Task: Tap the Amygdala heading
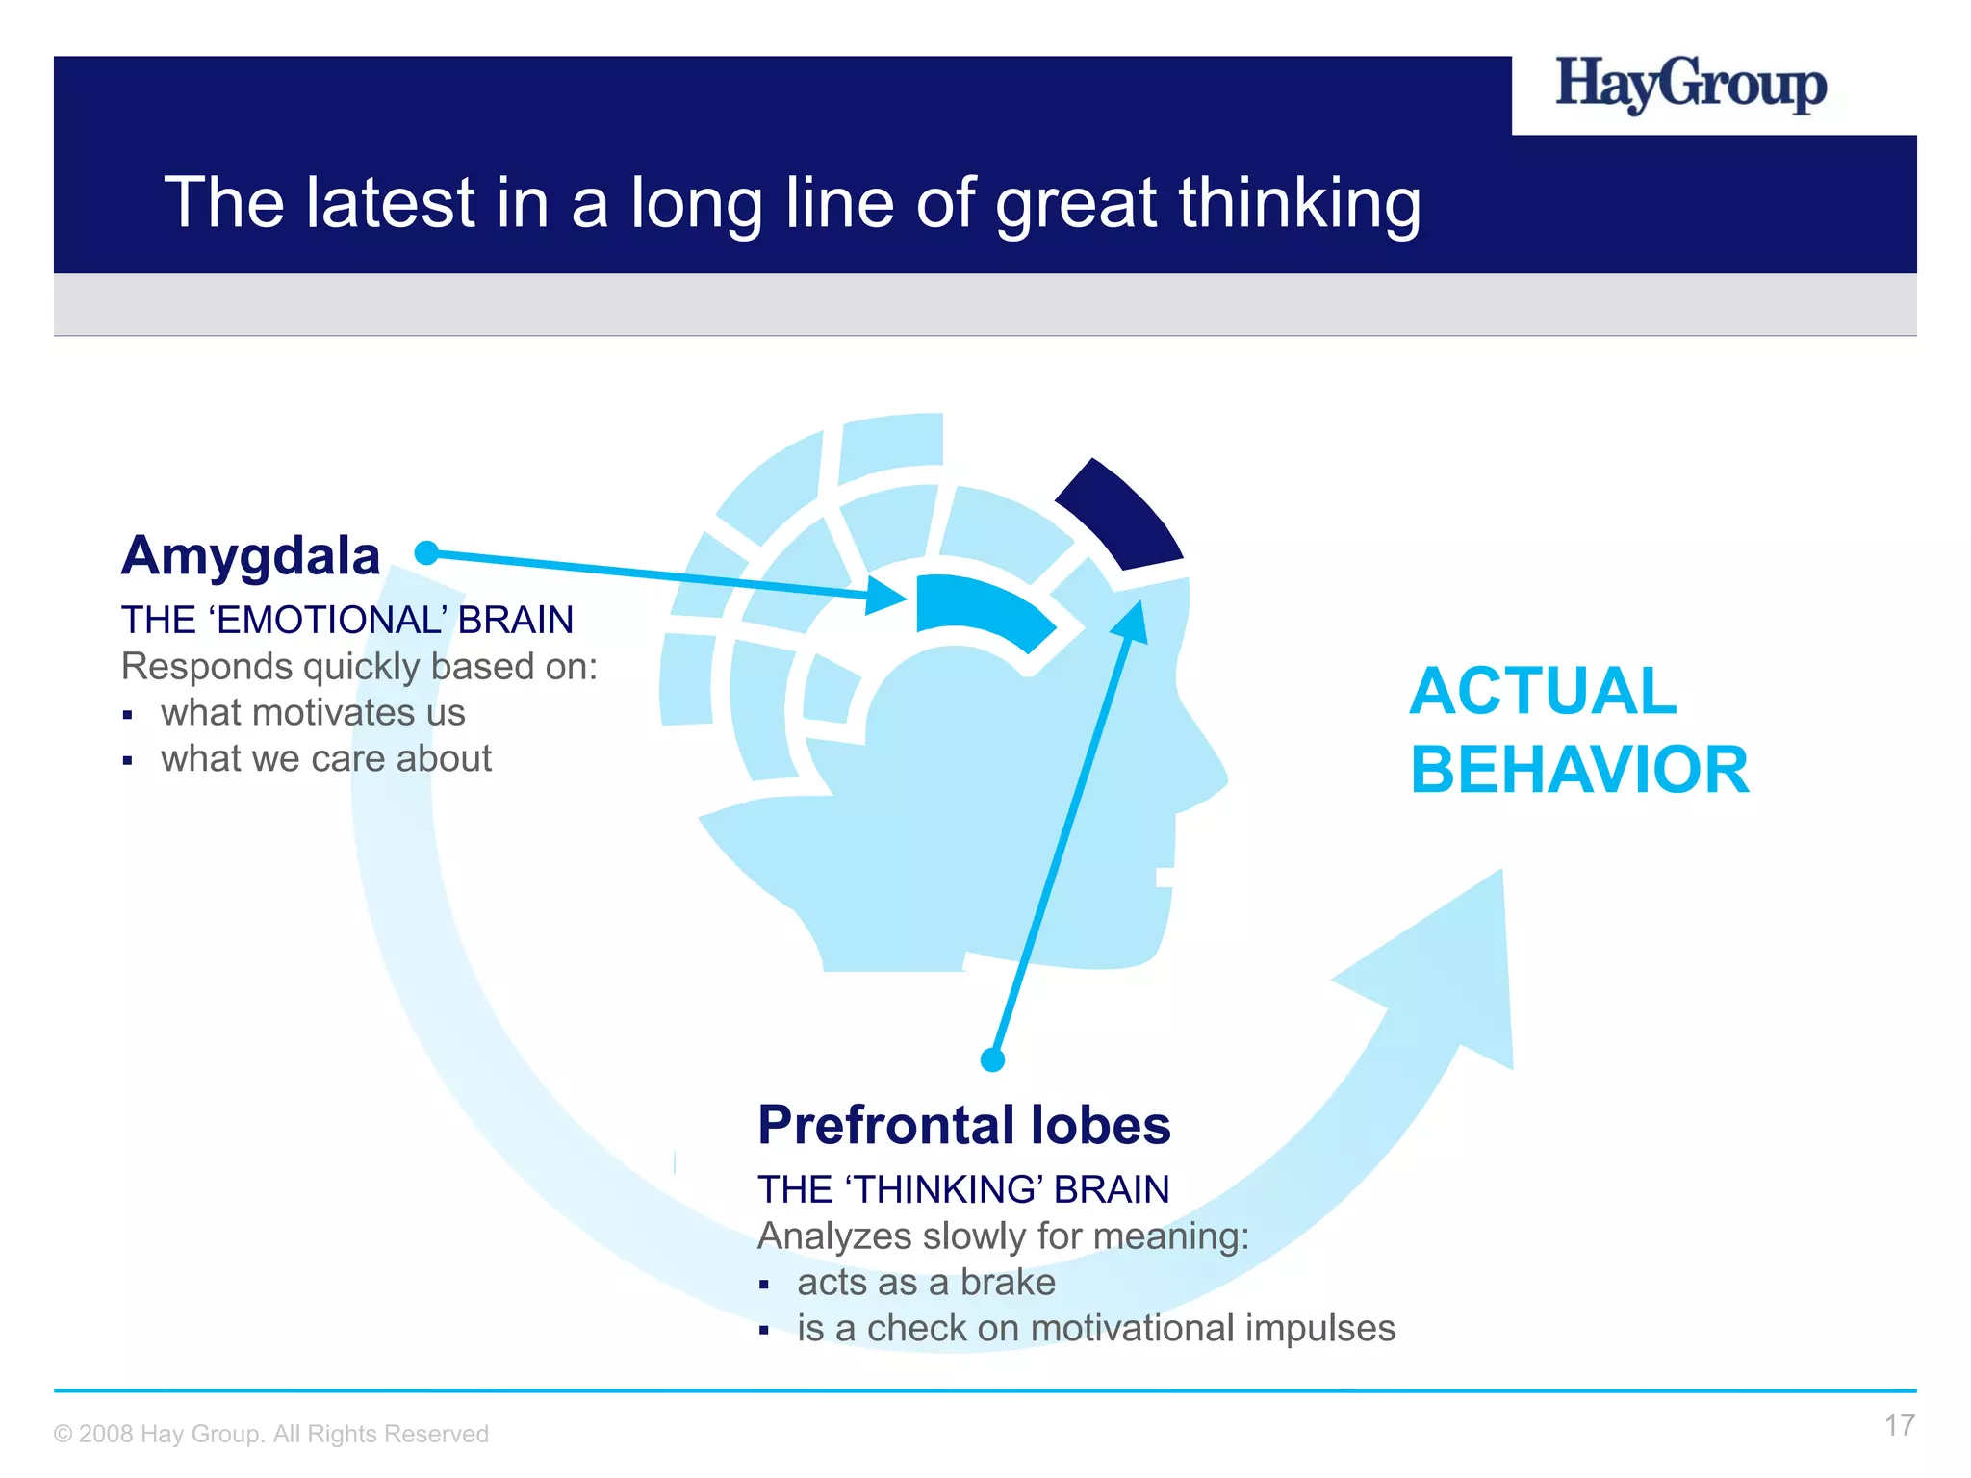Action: tap(250, 556)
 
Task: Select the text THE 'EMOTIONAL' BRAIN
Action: tap(346, 620)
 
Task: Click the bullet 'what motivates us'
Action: tap(313, 713)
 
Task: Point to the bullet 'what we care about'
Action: tap(326, 759)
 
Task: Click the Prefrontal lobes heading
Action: tap(963, 1125)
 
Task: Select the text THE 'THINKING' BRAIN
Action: tap(963, 1190)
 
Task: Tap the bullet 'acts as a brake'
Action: tap(926, 1283)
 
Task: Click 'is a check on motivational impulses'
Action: tap(1095, 1329)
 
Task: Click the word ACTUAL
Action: tap(1543, 691)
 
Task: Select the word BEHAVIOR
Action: tap(1579, 770)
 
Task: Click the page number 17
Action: tap(1899, 1425)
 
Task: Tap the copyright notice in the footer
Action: tap(271, 1434)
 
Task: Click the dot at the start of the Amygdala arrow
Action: tap(426, 552)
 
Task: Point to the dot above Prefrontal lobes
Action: tap(992, 1059)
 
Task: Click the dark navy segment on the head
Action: tap(1122, 516)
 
